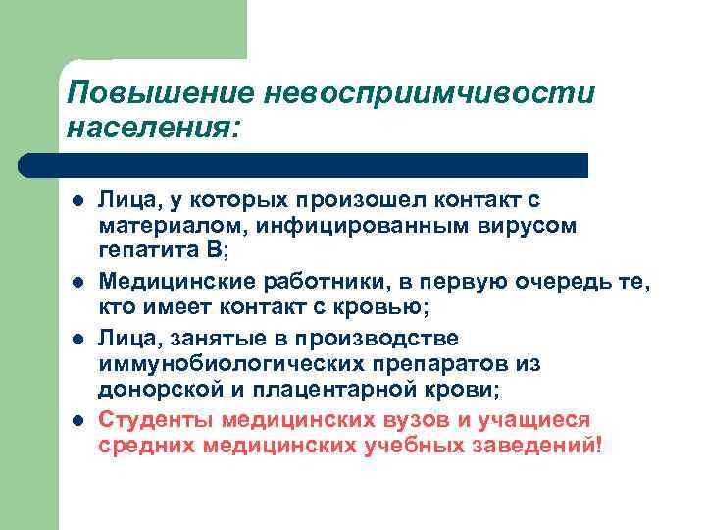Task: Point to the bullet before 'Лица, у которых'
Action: click(76, 202)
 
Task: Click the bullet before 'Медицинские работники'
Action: click(76, 283)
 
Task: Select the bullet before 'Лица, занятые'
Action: click(76, 340)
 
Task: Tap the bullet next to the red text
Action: click(76, 421)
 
